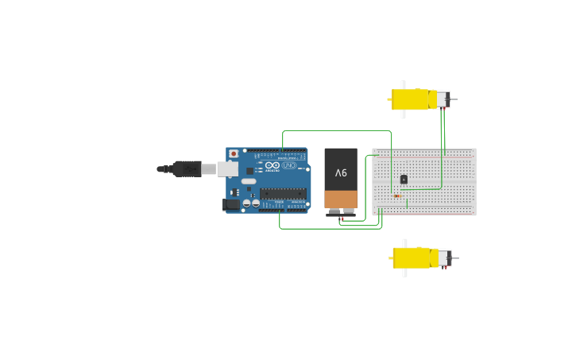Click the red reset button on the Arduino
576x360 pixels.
(233, 153)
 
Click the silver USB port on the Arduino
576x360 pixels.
(228, 168)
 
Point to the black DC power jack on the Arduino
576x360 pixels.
(231, 204)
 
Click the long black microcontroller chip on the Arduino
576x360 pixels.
(283, 193)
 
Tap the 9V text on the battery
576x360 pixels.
(341, 172)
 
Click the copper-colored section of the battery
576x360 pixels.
(341, 199)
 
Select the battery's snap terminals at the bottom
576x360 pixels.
(341, 212)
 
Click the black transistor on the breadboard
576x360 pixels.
(404, 180)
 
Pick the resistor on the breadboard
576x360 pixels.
(396, 196)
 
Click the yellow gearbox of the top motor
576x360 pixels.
(410, 99)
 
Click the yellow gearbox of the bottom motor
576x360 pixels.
(412, 257)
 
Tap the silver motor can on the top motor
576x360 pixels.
(440, 99)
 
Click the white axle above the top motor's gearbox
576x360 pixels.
(403, 83)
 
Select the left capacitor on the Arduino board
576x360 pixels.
(247, 203)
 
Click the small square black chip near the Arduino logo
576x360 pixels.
(249, 170)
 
